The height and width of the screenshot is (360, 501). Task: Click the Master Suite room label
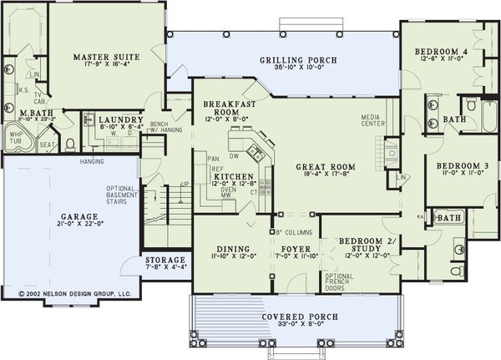[x=105, y=57]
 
